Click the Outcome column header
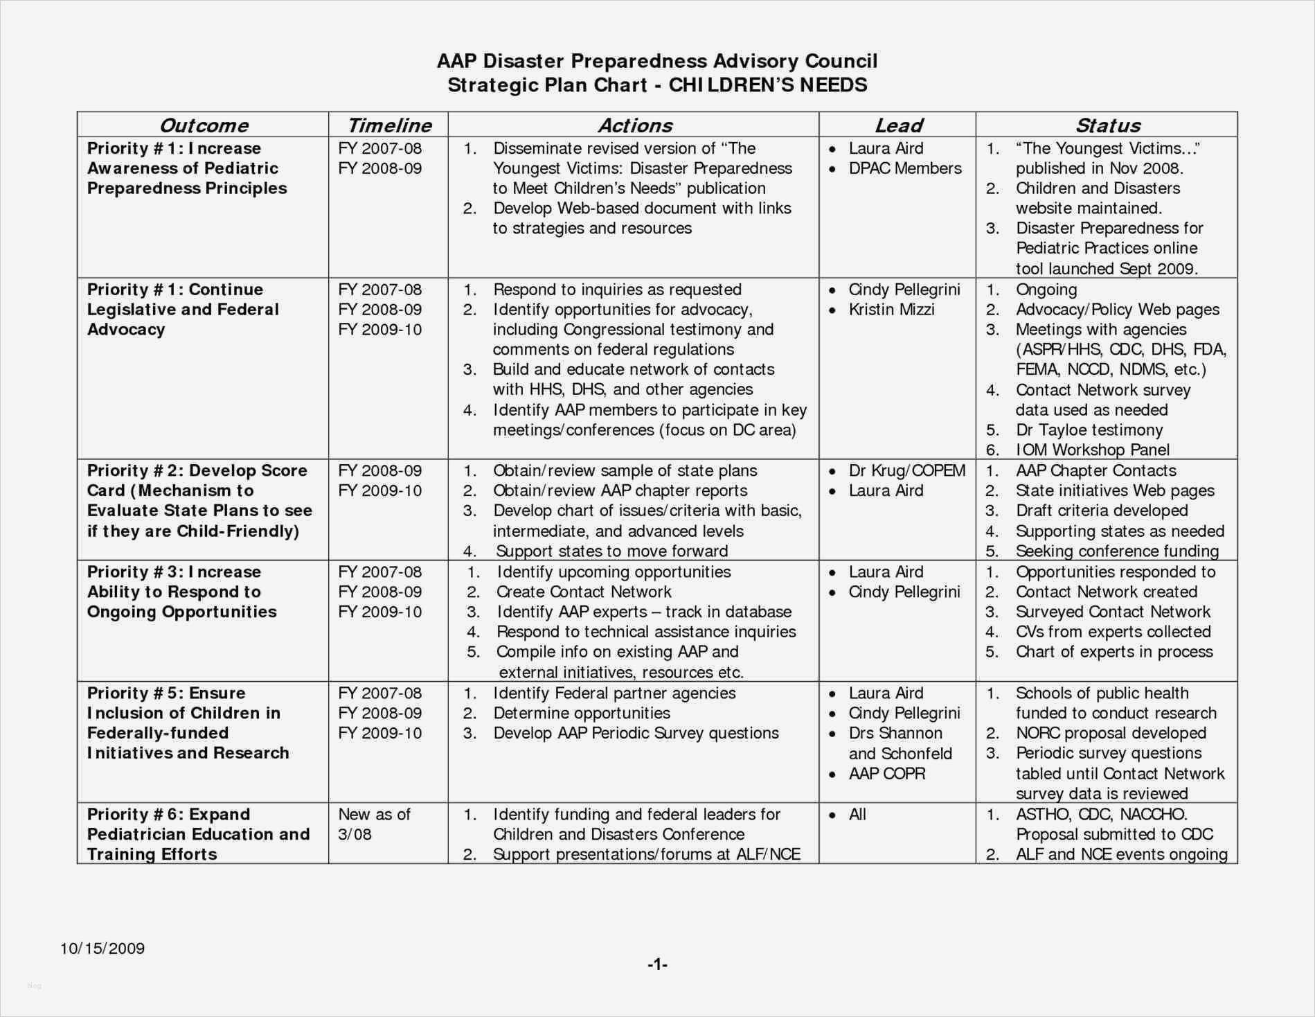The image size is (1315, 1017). [x=204, y=125]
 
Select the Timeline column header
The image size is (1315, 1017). [x=389, y=125]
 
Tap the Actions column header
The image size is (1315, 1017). [x=635, y=125]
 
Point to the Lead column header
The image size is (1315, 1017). [x=898, y=125]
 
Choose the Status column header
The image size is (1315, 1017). [x=1107, y=125]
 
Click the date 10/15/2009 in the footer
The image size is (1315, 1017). [x=102, y=948]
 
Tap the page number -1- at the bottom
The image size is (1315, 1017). [x=657, y=964]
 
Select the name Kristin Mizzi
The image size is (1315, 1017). [x=891, y=310]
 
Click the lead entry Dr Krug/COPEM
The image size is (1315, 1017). [x=906, y=470]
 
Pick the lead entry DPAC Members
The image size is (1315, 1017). [x=904, y=168]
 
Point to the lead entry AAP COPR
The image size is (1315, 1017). [x=886, y=773]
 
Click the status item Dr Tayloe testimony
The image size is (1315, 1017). [x=1089, y=430]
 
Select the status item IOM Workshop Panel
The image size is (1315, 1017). [x=1092, y=450]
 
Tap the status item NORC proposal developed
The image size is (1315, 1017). [x=1110, y=733]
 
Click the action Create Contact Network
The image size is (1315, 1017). [x=583, y=592]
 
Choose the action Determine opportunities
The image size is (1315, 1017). [x=581, y=714]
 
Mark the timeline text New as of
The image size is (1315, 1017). [x=374, y=815]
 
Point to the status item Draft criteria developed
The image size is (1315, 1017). [x=1101, y=511]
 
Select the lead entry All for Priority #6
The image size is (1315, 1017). [x=857, y=815]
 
